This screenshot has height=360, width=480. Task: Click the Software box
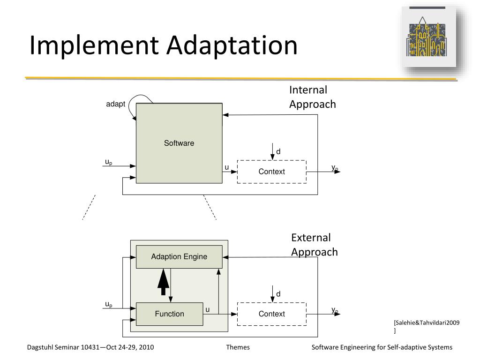point(179,143)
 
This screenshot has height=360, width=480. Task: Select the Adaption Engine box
point(179,256)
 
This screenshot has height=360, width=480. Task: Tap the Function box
point(170,314)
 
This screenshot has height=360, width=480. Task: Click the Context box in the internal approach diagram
point(272,172)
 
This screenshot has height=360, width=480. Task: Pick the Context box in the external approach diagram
point(272,314)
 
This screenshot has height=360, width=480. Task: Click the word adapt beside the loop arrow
point(115,104)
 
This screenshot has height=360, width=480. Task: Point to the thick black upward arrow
point(163,281)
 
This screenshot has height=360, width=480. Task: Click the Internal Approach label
point(312,97)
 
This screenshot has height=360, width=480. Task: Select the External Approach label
point(314,245)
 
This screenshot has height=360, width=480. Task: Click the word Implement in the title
point(94,46)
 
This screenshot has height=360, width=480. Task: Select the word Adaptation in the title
point(232,46)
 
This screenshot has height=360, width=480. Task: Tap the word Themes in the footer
point(238,347)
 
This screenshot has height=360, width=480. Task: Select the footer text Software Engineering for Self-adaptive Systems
point(382,347)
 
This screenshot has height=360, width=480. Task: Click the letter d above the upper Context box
point(278,151)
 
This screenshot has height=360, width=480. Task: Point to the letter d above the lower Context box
point(278,294)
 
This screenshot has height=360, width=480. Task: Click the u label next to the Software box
point(227,167)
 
